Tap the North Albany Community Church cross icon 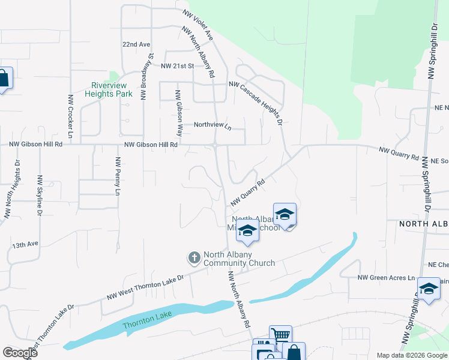pos(194,258)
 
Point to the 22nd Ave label pos(136,44)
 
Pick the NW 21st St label pos(173,65)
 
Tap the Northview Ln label pos(212,125)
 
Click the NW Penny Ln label pos(118,176)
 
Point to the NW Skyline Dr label pos(40,196)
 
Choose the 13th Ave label pos(25,245)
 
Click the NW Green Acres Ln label pos(386,278)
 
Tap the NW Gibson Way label pos(178,113)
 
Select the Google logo pos(19,352)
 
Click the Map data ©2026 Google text pos(411,355)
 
